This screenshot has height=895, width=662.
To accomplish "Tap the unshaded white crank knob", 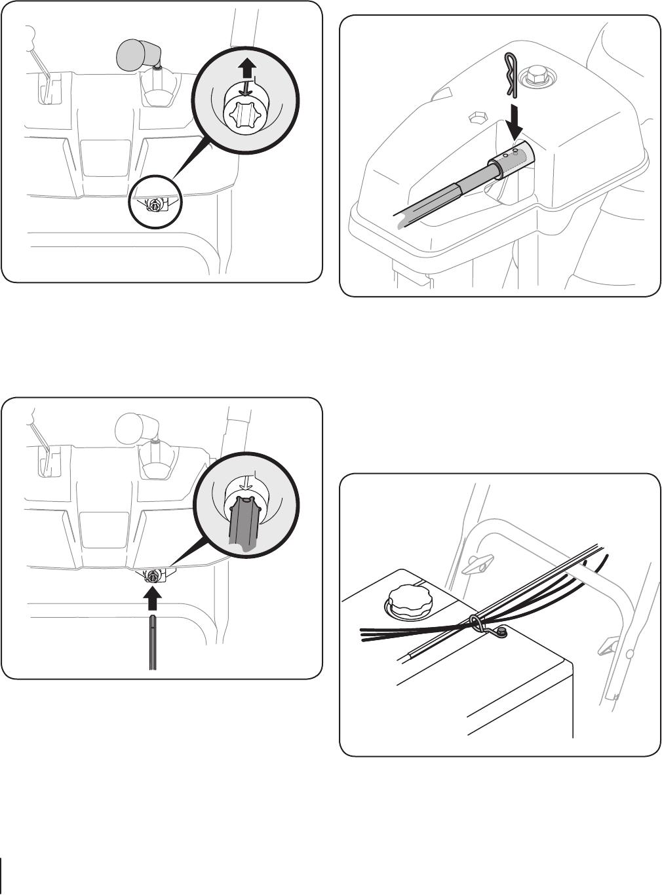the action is pyautogui.click(x=132, y=428).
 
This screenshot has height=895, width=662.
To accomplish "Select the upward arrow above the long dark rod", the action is pyautogui.click(x=152, y=599).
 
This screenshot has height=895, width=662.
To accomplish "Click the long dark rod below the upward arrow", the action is pyautogui.click(x=152, y=642).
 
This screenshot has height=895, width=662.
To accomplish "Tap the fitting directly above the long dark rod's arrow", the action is pyautogui.click(x=153, y=577).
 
